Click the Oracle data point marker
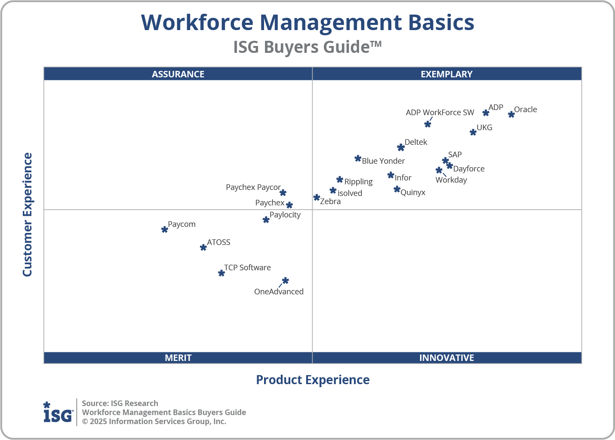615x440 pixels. (x=511, y=114)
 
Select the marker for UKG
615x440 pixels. (x=473, y=132)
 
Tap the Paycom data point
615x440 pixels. (x=164, y=229)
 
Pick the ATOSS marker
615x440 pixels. (x=203, y=247)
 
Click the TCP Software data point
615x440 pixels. (x=221, y=273)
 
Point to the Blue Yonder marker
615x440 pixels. (x=358, y=159)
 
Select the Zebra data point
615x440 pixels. (x=317, y=197)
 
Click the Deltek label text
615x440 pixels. (x=416, y=142)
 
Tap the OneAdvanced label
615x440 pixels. (x=279, y=292)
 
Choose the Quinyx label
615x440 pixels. (x=413, y=192)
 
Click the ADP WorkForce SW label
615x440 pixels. (x=440, y=113)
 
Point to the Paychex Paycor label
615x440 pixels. (x=253, y=187)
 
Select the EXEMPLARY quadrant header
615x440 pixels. (x=446, y=74)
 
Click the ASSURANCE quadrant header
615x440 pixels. (x=178, y=74)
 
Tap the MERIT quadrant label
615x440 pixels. (x=178, y=358)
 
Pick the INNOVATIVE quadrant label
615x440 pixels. (x=446, y=358)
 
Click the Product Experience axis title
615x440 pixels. (x=313, y=380)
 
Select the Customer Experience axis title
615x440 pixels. (x=28, y=215)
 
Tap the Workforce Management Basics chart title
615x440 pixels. (x=307, y=22)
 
